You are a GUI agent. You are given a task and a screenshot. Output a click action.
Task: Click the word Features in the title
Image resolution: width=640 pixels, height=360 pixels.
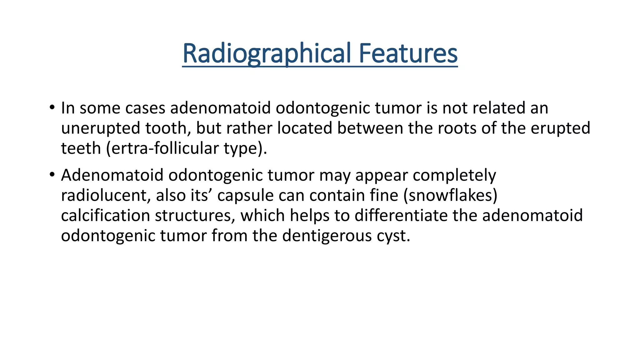point(408,53)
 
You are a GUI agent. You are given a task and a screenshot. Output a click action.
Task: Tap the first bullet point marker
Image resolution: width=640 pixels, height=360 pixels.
point(52,108)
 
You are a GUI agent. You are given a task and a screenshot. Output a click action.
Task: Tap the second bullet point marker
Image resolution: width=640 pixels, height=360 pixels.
point(52,175)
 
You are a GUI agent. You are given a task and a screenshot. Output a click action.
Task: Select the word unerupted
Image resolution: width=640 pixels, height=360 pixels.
point(100,128)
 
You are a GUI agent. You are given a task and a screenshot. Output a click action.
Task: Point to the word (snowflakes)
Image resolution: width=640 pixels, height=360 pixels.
point(450,195)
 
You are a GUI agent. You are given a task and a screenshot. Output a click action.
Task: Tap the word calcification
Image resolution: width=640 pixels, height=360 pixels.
point(105,215)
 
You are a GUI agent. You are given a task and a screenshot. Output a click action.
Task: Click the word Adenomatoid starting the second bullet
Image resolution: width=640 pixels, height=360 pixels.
point(112,175)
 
